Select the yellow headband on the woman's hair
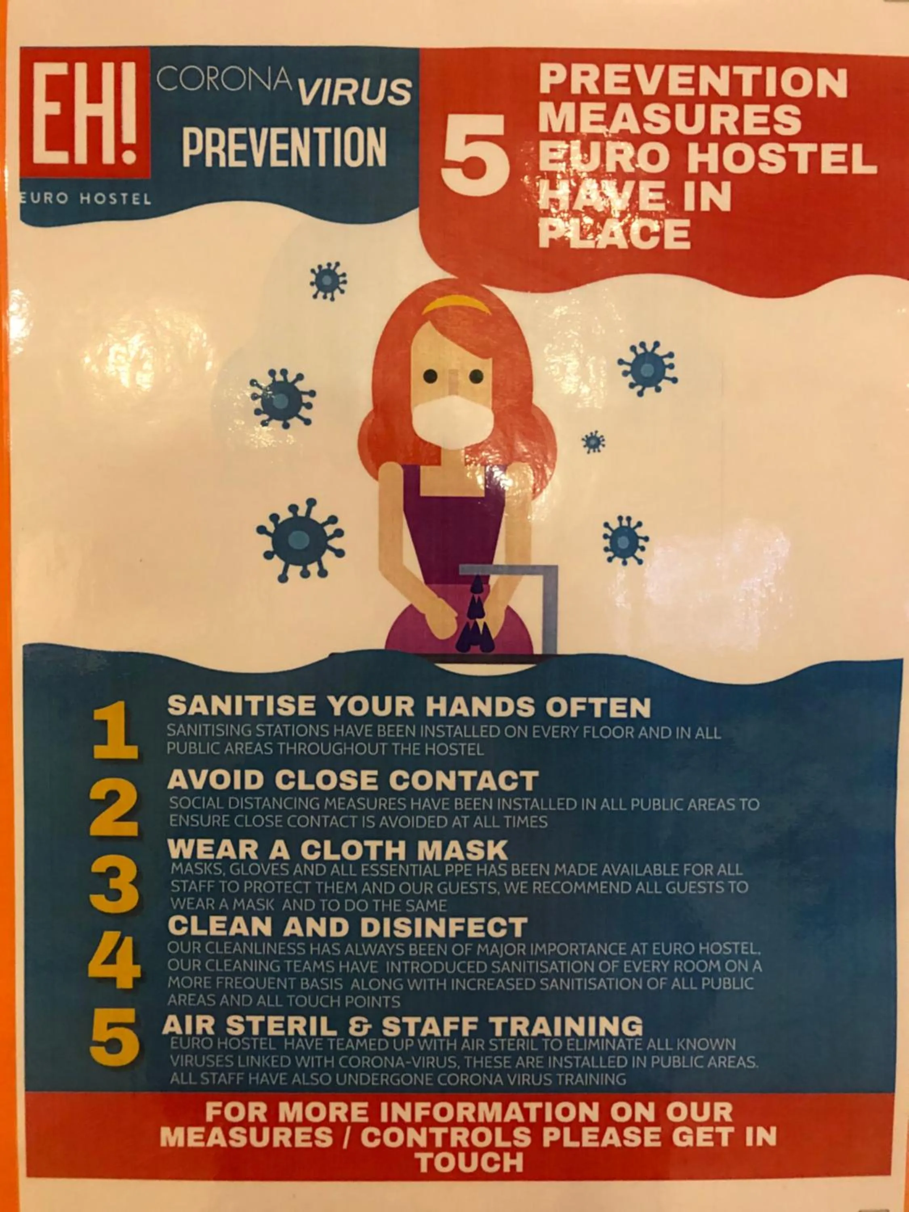pos(457,305)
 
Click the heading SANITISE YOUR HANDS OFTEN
pos(409,707)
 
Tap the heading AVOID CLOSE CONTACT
pos(353,780)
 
